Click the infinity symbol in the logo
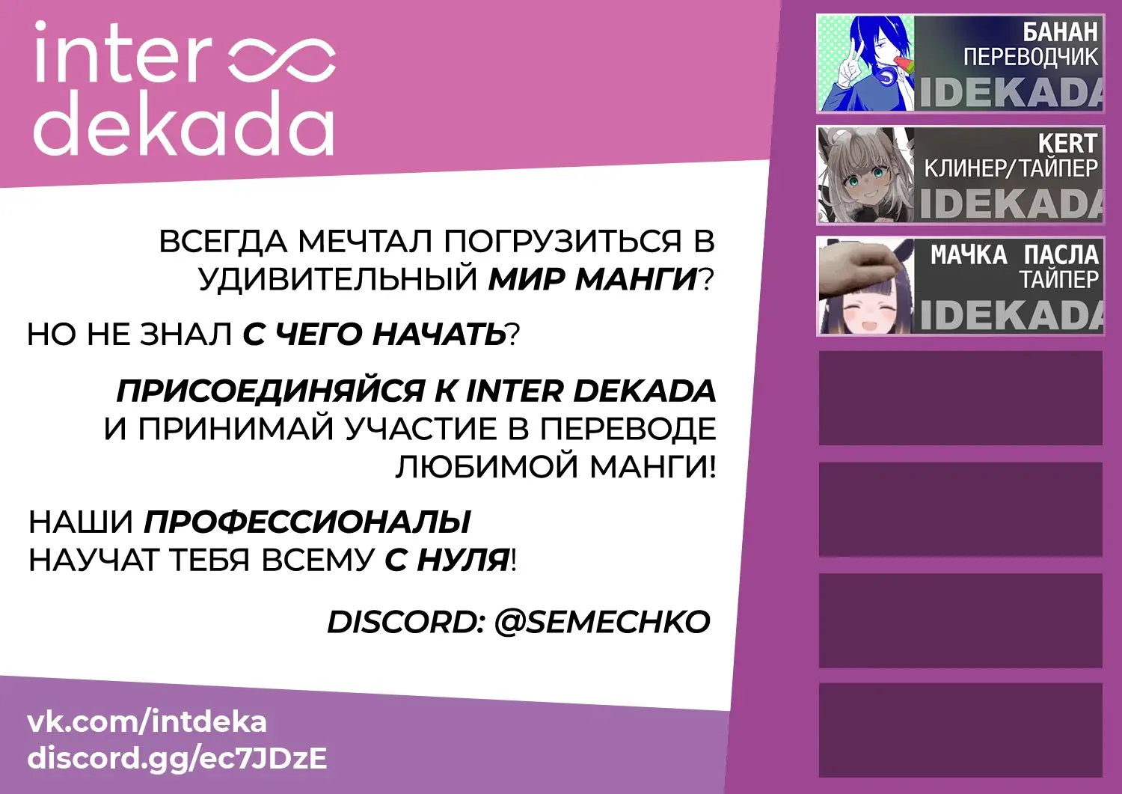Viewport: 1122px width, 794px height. coord(281,63)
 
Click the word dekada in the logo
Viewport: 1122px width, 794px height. coord(183,123)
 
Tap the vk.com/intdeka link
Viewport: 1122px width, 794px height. coord(147,722)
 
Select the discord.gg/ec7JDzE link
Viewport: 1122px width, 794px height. coord(177,759)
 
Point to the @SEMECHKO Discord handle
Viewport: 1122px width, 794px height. coord(602,622)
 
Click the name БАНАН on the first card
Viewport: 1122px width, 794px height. coord(1060,32)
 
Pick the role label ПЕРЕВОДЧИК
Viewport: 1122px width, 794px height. coord(1031,57)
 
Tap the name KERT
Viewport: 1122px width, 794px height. coord(1068,144)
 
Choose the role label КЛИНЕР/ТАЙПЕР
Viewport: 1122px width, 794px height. coord(1011,168)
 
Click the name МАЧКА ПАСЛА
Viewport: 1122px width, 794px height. coord(1014,254)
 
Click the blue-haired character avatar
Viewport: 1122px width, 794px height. coord(865,63)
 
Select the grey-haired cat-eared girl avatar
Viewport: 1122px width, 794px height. coord(865,175)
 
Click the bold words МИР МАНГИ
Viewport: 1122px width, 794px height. coord(592,278)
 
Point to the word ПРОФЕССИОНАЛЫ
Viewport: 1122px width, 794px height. coord(307,522)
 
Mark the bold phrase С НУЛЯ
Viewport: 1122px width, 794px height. coord(447,560)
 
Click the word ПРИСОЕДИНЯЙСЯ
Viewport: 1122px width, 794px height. coord(271,391)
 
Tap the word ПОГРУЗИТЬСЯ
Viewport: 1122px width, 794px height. coord(562,241)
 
